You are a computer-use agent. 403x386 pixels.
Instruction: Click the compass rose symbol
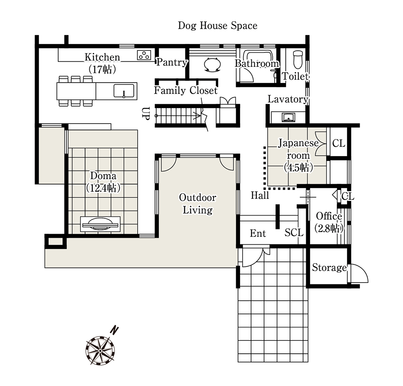point(100,351)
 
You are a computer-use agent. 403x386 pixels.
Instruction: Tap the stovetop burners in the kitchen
point(144,55)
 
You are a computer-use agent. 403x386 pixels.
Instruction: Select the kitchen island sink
point(124,91)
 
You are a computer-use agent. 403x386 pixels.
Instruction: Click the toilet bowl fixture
point(298,60)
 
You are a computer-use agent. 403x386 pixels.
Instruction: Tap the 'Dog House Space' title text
point(218,26)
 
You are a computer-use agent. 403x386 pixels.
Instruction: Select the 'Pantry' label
point(172,62)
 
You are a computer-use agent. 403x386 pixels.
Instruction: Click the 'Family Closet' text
point(186,90)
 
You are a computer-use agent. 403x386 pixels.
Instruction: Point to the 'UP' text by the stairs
point(146,113)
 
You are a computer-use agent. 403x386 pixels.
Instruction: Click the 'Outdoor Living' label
point(198,203)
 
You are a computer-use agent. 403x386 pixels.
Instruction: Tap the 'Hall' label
point(260,195)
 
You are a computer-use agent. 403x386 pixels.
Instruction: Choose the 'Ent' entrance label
point(258,233)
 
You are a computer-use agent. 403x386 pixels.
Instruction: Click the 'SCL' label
point(294,233)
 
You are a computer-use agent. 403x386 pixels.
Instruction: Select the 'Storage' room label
point(329,268)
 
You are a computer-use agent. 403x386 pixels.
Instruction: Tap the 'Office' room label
point(329,216)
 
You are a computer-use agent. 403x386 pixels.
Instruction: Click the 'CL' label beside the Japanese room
point(338,143)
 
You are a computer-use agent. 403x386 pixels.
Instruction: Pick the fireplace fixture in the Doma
point(100,224)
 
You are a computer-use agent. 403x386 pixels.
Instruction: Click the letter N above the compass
point(114,330)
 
